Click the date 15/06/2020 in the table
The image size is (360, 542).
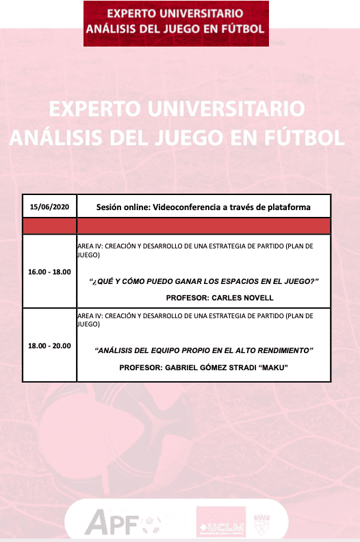coord(49,207)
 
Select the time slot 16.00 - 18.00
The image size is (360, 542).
coord(49,272)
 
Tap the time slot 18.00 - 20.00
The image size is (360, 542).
coord(49,346)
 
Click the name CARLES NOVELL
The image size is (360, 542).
coord(242,298)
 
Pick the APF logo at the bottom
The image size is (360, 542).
coord(112,521)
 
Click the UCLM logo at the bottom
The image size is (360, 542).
coord(221,521)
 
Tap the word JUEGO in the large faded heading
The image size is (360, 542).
coord(188,138)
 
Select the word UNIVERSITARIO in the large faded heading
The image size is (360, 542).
coord(227,109)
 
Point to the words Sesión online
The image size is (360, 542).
coord(123,207)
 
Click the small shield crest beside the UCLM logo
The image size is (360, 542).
coord(261,524)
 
